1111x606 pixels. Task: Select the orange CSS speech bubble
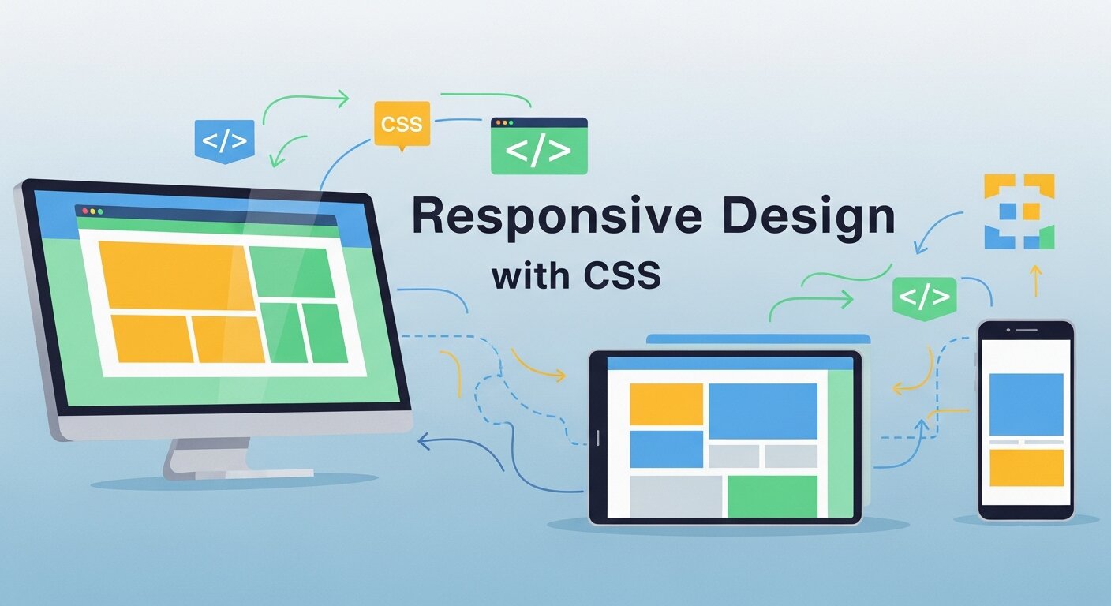pos(402,124)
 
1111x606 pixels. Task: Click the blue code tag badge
pos(224,140)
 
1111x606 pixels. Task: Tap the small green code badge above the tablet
pos(924,297)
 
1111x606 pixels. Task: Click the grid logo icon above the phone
pos(1019,211)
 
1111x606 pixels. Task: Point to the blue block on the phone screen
pos(1026,404)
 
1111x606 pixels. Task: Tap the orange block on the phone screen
pos(1026,467)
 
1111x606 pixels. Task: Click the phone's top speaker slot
pos(1026,329)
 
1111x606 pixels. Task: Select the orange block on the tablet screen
pos(666,404)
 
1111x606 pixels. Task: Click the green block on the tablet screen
pos(772,496)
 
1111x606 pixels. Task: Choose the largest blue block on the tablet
pos(762,410)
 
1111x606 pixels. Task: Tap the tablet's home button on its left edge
pos(597,436)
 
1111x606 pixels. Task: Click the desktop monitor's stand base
pos(237,472)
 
